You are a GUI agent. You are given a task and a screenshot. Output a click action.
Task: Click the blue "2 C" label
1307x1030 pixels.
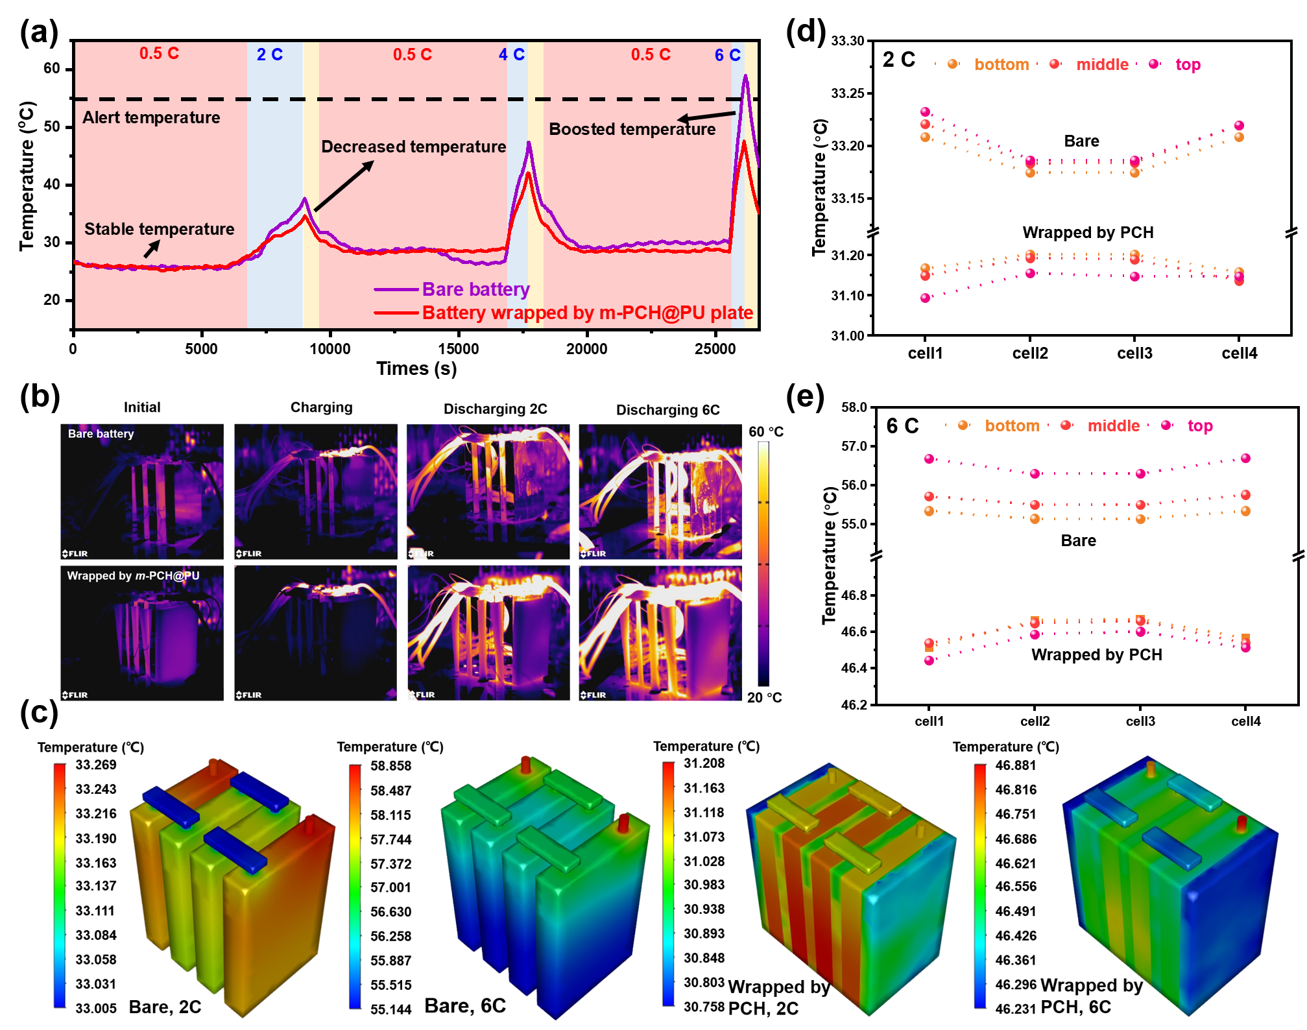tap(269, 54)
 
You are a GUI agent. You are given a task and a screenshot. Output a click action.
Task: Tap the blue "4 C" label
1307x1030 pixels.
tap(511, 54)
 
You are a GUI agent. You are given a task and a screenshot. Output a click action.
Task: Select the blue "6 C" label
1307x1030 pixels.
tap(727, 55)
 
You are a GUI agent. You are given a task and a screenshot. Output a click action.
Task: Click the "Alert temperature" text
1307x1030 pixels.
tap(151, 117)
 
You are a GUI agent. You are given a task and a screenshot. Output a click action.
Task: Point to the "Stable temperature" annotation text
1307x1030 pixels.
tap(159, 229)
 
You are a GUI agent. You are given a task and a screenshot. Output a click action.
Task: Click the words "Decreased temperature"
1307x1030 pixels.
tap(413, 147)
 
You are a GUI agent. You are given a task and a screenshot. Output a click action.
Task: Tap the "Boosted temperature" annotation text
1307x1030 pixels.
tap(632, 129)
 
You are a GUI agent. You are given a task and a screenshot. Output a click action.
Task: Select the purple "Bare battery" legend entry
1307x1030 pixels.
tap(475, 289)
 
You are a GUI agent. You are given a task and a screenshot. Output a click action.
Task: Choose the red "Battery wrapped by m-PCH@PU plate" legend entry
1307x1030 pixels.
tap(587, 313)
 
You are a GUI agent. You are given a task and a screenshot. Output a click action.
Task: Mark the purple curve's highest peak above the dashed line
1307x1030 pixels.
tap(746, 77)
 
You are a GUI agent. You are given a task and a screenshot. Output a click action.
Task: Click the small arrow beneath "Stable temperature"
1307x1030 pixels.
tap(152, 248)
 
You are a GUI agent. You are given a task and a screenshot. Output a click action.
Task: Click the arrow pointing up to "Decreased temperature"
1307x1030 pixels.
tap(344, 186)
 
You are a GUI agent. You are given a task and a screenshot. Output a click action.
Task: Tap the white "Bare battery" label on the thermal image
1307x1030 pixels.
tap(101, 434)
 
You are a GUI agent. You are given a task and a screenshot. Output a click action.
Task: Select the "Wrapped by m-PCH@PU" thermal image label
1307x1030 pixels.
tap(133, 575)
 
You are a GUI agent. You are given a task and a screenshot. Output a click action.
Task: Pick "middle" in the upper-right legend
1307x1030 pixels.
tap(1102, 64)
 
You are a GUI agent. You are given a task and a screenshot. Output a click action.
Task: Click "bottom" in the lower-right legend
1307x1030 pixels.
tap(1012, 425)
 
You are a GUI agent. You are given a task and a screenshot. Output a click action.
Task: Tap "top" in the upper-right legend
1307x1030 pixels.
tap(1188, 64)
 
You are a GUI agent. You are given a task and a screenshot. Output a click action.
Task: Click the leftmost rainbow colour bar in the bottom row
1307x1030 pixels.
tap(60, 885)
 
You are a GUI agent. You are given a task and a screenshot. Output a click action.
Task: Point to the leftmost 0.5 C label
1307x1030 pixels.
tap(159, 53)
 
